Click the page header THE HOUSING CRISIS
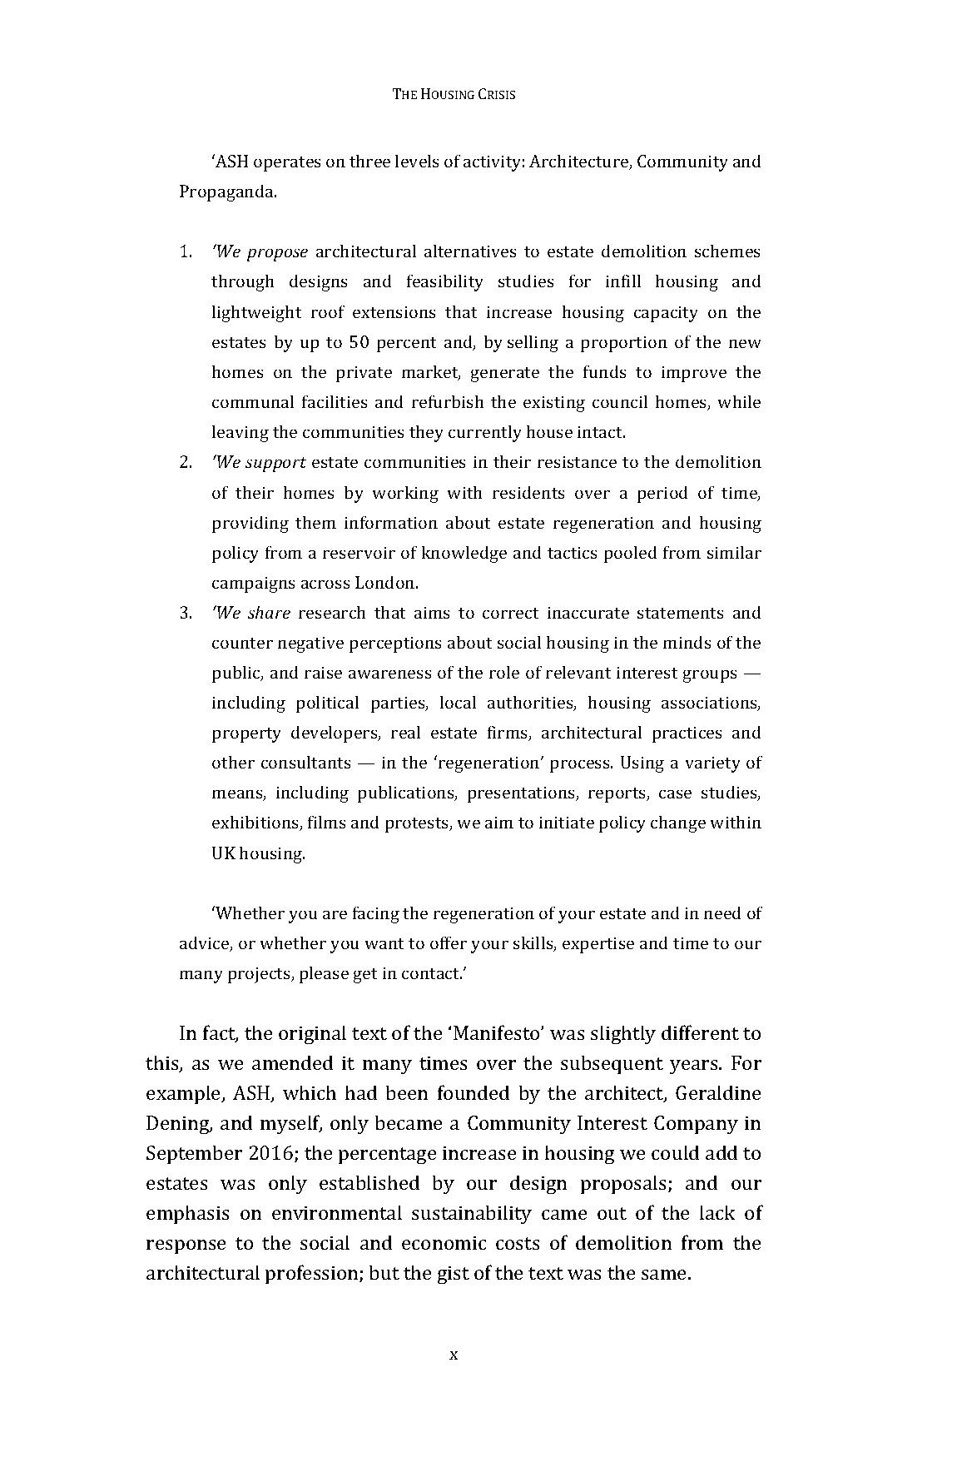click(x=454, y=95)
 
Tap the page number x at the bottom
click(x=454, y=1355)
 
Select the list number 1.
click(x=186, y=251)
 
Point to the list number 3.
click(x=186, y=613)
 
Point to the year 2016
click(x=269, y=1153)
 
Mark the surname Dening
click(x=181, y=1123)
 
